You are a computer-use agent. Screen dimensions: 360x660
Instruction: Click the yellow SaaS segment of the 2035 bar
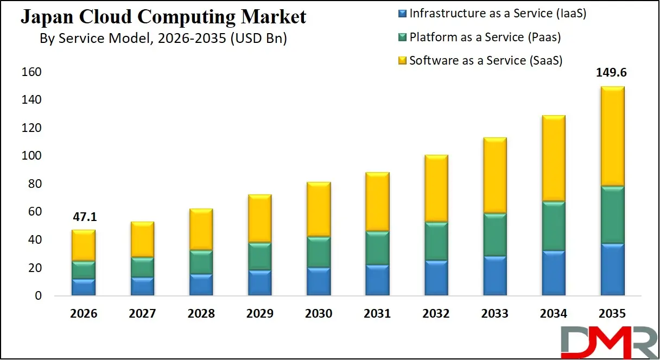point(612,136)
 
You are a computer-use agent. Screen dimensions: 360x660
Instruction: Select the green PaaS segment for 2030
point(319,252)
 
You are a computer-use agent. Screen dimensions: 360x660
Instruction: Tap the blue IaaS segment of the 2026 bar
point(84,287)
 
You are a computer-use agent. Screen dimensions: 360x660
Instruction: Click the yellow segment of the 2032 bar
point(436,188)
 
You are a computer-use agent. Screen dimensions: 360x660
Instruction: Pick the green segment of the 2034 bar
point(553,226)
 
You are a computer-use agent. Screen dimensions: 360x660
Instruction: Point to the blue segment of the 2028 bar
point(201,285)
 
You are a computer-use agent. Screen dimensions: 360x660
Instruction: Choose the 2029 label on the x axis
point(259,314)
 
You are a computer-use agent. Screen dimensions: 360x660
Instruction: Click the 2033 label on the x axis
point(494,314)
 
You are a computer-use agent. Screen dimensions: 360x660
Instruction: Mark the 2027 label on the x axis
point(142,314)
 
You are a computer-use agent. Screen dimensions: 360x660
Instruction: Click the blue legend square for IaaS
point(403,13)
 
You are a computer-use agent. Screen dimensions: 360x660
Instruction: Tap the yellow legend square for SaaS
point(403,61)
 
